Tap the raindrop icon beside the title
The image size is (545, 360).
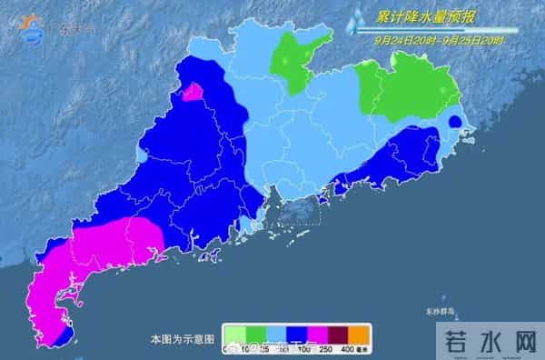click(361, 18)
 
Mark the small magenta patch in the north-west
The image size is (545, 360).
click(193, 91)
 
